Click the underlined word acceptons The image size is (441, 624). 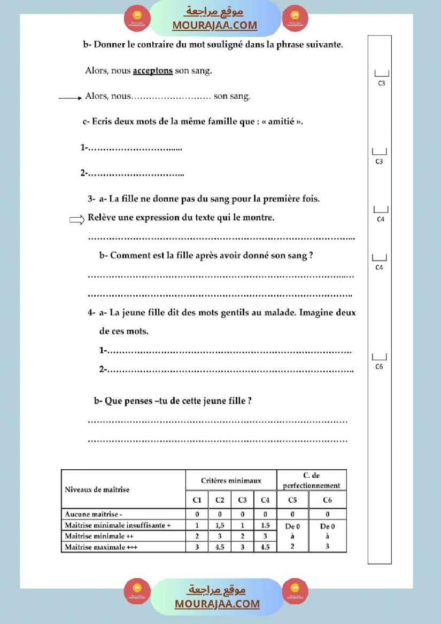tap(152, 70)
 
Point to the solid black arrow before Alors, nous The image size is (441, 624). tap(69, 98)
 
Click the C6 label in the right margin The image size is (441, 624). tap(379, 367)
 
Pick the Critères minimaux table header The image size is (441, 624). tap(231, 480)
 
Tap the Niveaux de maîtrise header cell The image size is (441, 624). tap(97, 489)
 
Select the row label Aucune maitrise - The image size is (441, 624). tap(94, 514)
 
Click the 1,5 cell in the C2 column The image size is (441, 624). tap(220, 525)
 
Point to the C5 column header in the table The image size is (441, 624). tap(292, 500)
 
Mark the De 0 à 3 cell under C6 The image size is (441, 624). tap(327, 536)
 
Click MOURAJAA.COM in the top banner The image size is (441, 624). tap(215, 25)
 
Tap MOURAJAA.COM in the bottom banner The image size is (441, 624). tap(217, 604)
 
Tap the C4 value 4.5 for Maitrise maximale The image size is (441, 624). tap(265, 547)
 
